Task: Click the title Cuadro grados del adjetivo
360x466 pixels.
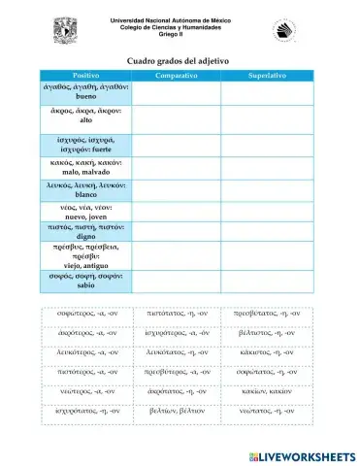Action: (x=179, y=60)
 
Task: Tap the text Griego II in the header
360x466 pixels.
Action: (x=178, y=34)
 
